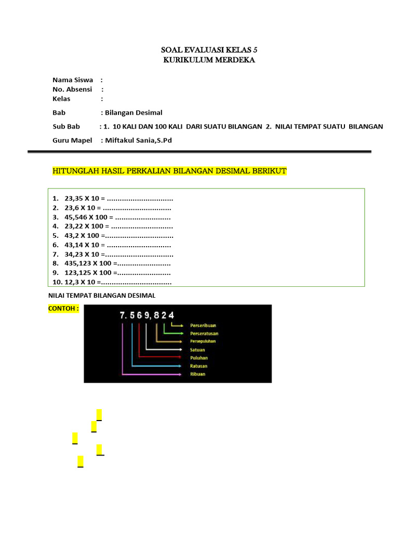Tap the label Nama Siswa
point(73,80)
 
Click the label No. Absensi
point(72,89)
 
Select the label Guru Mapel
point(72,140)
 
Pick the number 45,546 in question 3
point(76,217)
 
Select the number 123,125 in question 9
point(78,272)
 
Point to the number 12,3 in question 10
point(72,282)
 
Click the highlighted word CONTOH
point(62,308)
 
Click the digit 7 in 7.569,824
point(123,315)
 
